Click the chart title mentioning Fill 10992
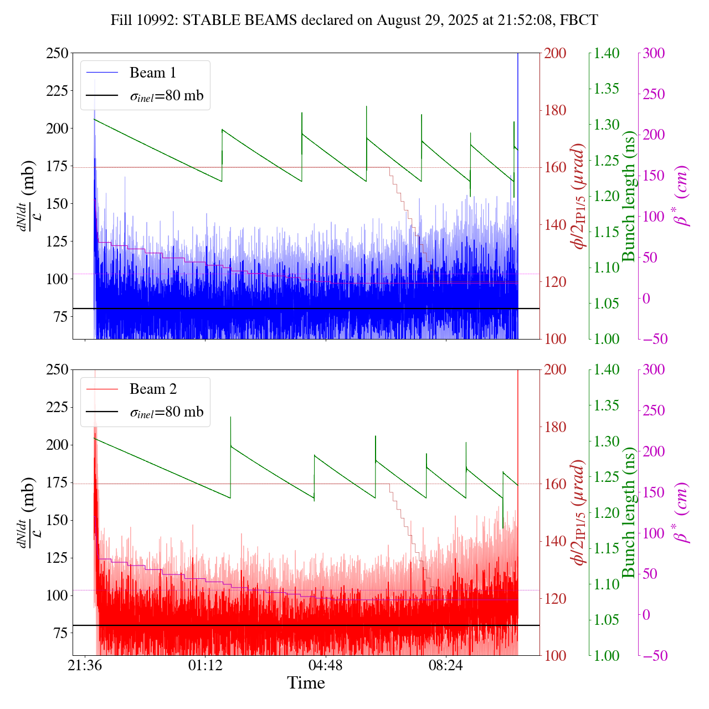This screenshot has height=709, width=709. (x=354, y=20)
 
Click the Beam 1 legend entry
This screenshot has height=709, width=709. (x=152, y=73)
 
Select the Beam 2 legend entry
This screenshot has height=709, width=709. (x=153, y=389)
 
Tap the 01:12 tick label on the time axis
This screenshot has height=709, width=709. (x=205, y=665)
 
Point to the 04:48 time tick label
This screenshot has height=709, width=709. (x=326, y=665)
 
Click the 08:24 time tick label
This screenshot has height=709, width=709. (x=446, y=665)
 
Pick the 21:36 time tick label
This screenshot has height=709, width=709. (x=85, y=665)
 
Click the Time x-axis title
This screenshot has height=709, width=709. (x=306, y=683)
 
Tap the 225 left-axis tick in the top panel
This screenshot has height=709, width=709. (x=58, y=91)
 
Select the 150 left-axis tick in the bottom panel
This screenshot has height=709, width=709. (x=58, y=521)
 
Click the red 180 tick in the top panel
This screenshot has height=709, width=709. (x=556, y=111)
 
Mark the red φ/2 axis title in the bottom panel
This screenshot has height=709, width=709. (x=579, y=512)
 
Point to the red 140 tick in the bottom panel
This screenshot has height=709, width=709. (x=556, y=541)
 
